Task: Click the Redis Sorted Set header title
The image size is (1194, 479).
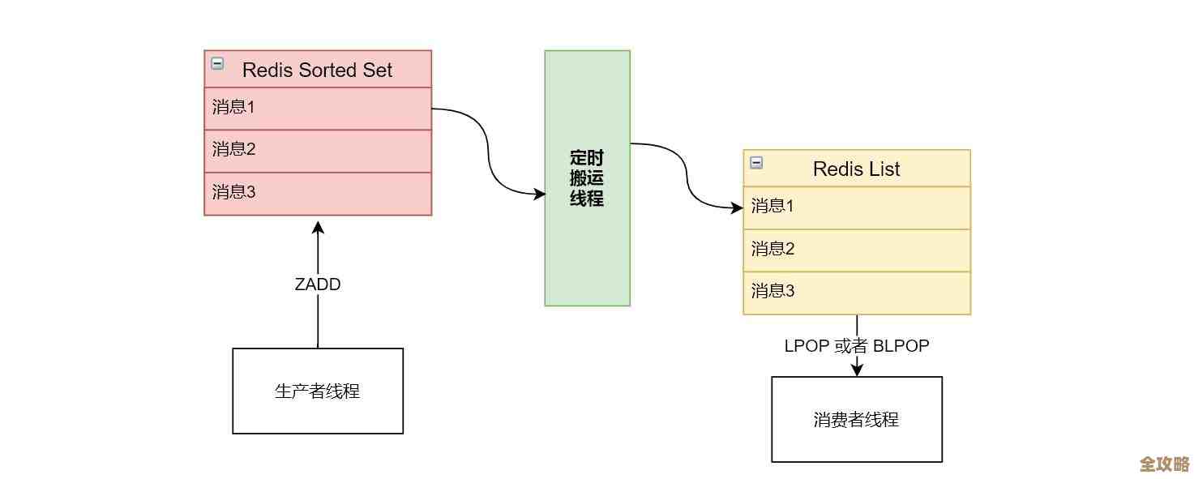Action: click(317, 70)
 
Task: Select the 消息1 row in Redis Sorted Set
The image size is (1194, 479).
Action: click(317, 108)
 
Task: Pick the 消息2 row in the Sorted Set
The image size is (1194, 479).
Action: click(317, 150)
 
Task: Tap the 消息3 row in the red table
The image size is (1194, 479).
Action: click(317, 193)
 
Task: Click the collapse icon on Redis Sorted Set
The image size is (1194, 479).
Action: click(217, 63)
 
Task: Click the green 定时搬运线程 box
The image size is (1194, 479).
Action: click(587, 178)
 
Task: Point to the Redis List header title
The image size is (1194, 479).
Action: click(856, 169)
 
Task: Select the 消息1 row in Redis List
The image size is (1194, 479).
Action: click(856, 207)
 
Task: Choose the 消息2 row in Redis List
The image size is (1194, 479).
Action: click(856, 250)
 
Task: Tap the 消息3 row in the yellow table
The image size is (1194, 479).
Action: click(856, 292)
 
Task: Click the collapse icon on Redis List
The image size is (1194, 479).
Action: click(756, 162)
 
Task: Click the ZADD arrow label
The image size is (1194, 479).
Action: click(318, 284)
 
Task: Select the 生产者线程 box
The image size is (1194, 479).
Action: click(318, 391)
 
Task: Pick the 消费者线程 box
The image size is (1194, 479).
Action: click(856, 419)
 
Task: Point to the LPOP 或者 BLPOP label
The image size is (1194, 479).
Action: click(856, 346)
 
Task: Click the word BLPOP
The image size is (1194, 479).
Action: click(901, 346)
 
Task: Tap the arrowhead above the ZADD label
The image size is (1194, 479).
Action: click(318, 224)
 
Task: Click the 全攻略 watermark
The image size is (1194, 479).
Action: click(1164, 464)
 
